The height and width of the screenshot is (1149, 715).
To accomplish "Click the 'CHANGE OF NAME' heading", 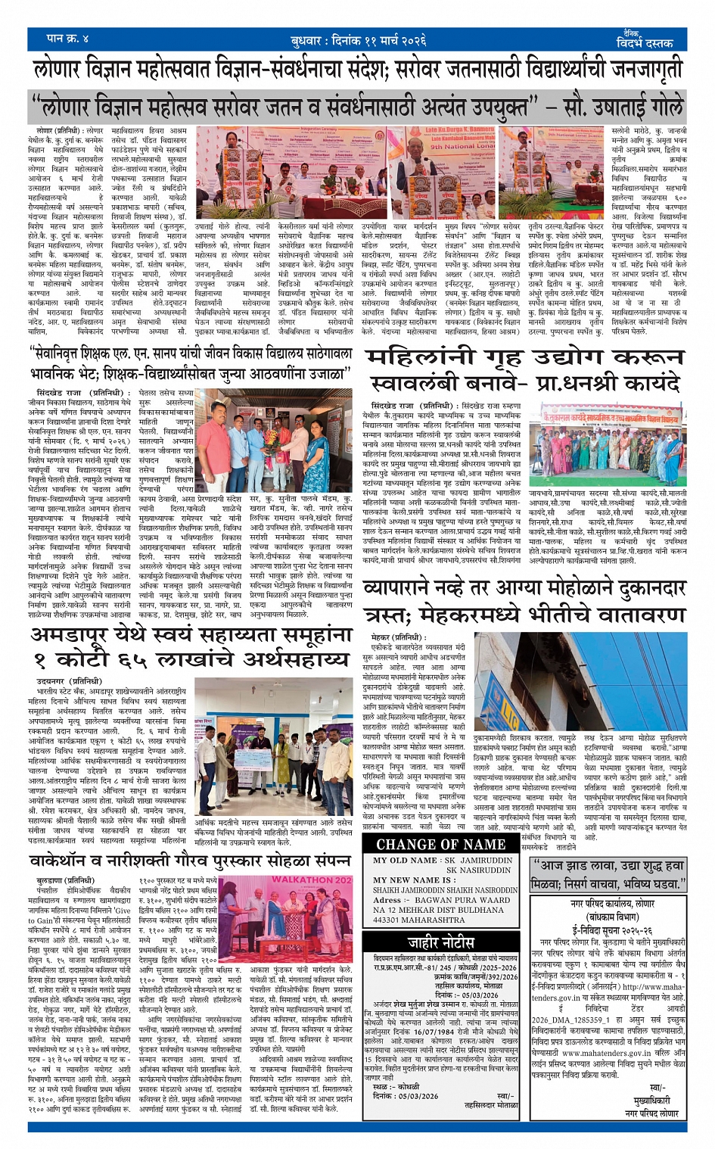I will pos(440,844).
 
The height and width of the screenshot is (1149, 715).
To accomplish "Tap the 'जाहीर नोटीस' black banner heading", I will pos(441,942).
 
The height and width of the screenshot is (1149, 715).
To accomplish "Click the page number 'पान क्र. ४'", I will pos(68,39).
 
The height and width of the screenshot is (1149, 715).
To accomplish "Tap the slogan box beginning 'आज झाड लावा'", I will pos(607,873).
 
